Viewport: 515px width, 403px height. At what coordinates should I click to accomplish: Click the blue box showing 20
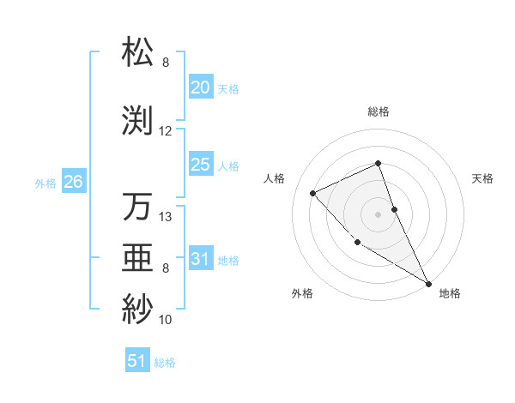click(x=200, y=87)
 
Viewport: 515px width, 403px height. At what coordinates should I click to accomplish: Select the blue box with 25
click(x=200, y=165)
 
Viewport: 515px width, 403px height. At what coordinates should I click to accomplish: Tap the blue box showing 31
click(x=200, y=259)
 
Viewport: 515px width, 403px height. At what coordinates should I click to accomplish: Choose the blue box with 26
click(x=73, y=181)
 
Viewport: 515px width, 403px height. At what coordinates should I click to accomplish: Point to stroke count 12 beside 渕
click(x=166, y=131)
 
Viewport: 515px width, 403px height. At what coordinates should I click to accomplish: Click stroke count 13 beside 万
click(x=166, y=217)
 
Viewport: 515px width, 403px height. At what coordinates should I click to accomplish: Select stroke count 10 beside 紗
click(x=166, y=320)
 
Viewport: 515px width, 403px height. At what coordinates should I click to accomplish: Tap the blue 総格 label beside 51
click(x=165, y=363)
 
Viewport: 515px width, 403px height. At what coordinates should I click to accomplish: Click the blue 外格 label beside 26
click(x=45, y=183)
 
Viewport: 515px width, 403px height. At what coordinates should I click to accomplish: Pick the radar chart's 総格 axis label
click(x=379, y=111)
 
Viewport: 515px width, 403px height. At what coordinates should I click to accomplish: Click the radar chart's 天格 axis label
click(x=483, y=178)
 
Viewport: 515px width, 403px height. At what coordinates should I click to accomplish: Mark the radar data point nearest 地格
click(x=428, y=283)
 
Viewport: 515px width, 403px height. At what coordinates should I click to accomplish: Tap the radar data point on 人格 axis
click(x=313, y=193)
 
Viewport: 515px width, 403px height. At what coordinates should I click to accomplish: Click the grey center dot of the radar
click(x=379, y=214)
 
